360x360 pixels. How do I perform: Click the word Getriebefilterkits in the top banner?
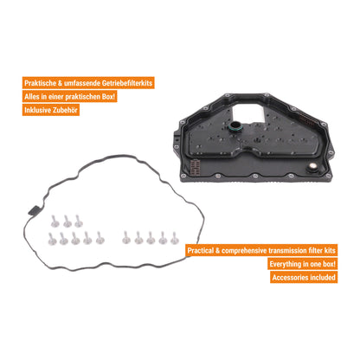coord(127,83)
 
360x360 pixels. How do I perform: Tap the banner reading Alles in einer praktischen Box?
coord(70,96)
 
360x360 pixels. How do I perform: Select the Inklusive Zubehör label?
coord(51,110)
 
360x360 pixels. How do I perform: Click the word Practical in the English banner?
coord(200,250)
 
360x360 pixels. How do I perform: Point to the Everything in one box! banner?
coord(302,264)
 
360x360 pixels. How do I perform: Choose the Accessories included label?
coord(304,277)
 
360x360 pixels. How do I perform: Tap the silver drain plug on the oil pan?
coord(312,167)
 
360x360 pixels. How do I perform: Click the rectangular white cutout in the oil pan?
coord(248,112)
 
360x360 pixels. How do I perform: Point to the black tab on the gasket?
coord(34,210)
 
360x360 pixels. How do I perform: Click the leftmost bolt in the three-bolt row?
coord(55,221)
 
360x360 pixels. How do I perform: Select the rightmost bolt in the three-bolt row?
coord(78,221)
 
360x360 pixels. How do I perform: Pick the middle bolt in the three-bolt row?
coord(67,221)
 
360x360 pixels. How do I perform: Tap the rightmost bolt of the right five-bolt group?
coord(174,238)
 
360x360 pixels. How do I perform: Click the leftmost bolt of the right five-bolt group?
coord(126,238)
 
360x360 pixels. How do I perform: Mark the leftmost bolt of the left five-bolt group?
coord(52,239)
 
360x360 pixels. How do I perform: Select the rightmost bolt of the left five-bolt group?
coord(100,238)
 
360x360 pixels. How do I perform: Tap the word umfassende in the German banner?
coord(82,83)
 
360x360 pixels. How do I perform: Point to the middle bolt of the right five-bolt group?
coord(151,238)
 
